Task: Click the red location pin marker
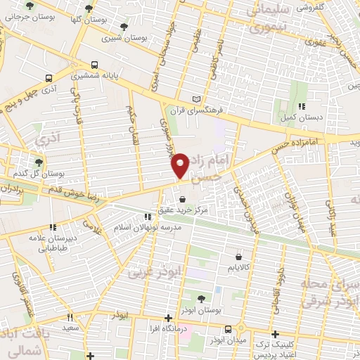click(180, 165)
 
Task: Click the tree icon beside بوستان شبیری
click(124, 27)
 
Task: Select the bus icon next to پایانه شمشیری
click(48, 79)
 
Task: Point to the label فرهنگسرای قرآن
click(226, 110)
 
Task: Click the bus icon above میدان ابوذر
click(227, 329)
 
